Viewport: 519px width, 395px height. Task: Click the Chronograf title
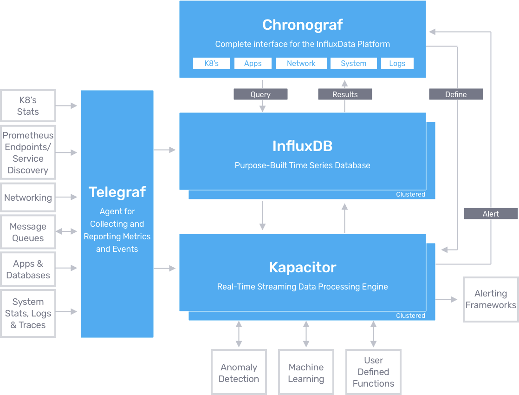click(x=302, y=25)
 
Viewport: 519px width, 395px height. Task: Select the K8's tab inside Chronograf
click(x=211, y=63)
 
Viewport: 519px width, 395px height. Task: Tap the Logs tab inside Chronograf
click(x=397, y=63)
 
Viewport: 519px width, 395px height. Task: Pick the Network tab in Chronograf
click(x=301, y=63)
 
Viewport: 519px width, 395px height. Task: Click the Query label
click(x=260, y=94)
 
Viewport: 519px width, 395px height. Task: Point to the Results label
click(x=345, y=94)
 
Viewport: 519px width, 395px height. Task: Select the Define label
click(x=456, y=94)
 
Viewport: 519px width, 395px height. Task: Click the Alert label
click(x=491, y=214)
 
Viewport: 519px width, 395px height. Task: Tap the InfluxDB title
click(x=302, y=146)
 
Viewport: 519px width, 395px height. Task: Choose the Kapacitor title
click(x=302, y=267)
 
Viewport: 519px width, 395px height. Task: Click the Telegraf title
click(x=117, y=192)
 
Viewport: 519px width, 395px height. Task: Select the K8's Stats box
click(x=28, y=106)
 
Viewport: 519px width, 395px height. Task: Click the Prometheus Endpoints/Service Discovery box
click(x=28, y=152)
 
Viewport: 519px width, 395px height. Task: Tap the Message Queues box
click(x=28, y=232)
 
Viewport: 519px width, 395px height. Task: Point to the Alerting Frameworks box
click(x=491, y=299)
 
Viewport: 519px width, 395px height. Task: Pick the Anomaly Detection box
click(x=239, y=373)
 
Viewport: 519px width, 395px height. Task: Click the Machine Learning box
click(x=306, y=373)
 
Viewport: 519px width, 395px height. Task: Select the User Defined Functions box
click(x=373, y=372)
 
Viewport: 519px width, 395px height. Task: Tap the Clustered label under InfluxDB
click(x=410, y=194)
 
